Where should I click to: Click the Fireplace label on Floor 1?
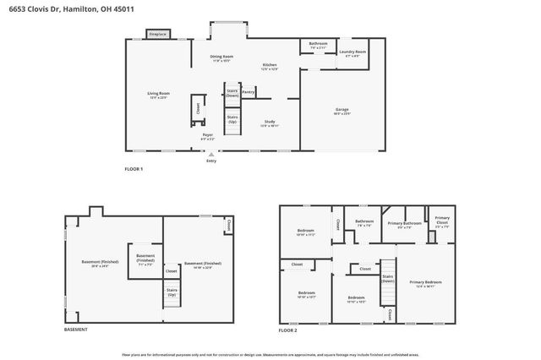[157, 35]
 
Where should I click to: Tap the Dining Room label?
[222, 58]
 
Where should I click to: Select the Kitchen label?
[270, 67]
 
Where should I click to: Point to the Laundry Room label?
[352, 54]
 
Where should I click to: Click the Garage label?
[342, 112]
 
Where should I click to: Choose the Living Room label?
[159, 95]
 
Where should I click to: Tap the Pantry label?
[249, 91]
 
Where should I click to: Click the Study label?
[269, 123]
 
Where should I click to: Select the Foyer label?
[206, 136]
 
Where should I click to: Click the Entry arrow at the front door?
[210, 156]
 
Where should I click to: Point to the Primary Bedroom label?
[426, 284]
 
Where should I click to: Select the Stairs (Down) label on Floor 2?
[388, 278]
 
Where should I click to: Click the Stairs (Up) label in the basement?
[171, 294]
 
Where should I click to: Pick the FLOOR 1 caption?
[134, 170]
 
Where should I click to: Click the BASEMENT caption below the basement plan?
[77, 330]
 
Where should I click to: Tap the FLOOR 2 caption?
[288, 330]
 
